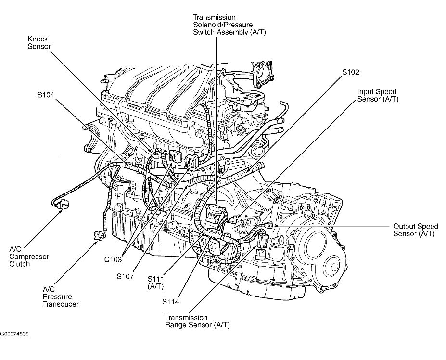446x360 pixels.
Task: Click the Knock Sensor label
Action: [x=39, y=42]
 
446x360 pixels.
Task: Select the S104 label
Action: [x=47, y=94]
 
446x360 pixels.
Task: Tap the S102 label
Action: [x=351, y=72]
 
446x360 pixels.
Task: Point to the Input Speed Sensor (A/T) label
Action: [x=378, y=95]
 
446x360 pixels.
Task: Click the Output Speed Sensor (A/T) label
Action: [x=415, y=230]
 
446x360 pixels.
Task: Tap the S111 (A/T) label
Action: [x=157, y=282]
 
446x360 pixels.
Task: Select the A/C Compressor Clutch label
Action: [x=29, y=257]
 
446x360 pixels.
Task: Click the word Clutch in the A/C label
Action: [x=19, y=264]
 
